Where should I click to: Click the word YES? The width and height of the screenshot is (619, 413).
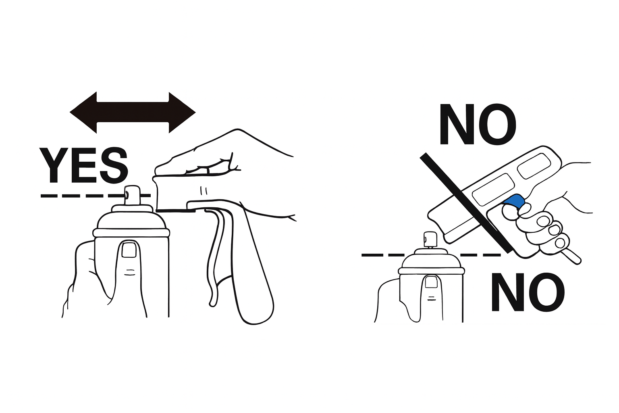tap(84, 165)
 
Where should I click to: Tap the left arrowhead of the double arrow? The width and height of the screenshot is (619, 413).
tap(83, 113)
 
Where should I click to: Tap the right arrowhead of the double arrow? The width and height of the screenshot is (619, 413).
tap(182, 113)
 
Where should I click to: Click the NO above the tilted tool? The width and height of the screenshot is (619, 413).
tap(478, 125)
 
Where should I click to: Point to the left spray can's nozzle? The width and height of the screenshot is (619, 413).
tap(132, 195)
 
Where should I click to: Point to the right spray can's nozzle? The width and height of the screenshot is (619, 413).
tap(430, 240)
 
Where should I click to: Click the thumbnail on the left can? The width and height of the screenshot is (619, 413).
tap(129, 250)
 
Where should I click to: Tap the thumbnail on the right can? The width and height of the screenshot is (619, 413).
tap(431, 282)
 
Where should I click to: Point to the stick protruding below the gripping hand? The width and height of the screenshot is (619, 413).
tap(572, 256)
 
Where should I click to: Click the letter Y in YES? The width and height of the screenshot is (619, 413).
tap(54, 165)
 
